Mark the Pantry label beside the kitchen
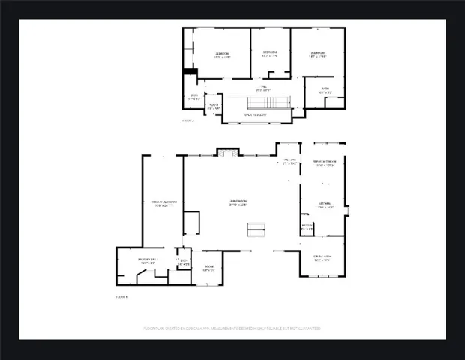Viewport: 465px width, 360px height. click(307, 226)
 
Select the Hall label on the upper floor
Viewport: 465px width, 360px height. click(262, 89)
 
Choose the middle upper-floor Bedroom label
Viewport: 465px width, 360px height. click(269, 55)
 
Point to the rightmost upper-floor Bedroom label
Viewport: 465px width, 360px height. click(318, 55)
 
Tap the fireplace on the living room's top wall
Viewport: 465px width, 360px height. click(228, 152)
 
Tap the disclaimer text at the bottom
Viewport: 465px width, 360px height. click(232, 328)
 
